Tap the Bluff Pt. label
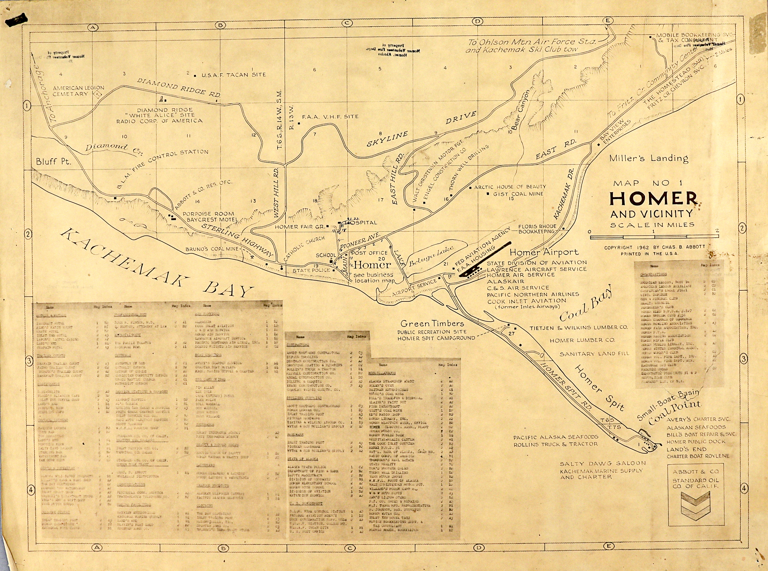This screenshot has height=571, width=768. coord(53,162)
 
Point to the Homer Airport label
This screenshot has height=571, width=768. coord(544,252)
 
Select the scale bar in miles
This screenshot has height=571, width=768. coord(653,237)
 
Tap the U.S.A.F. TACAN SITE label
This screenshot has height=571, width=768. coord(234,75)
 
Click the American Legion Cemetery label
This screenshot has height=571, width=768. coord(73,91)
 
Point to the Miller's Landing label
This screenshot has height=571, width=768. coord(648,158)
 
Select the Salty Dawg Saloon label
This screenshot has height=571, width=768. coord(603,463)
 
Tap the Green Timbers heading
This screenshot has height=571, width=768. coord(432,323)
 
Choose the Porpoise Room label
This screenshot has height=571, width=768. coord(208,214)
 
